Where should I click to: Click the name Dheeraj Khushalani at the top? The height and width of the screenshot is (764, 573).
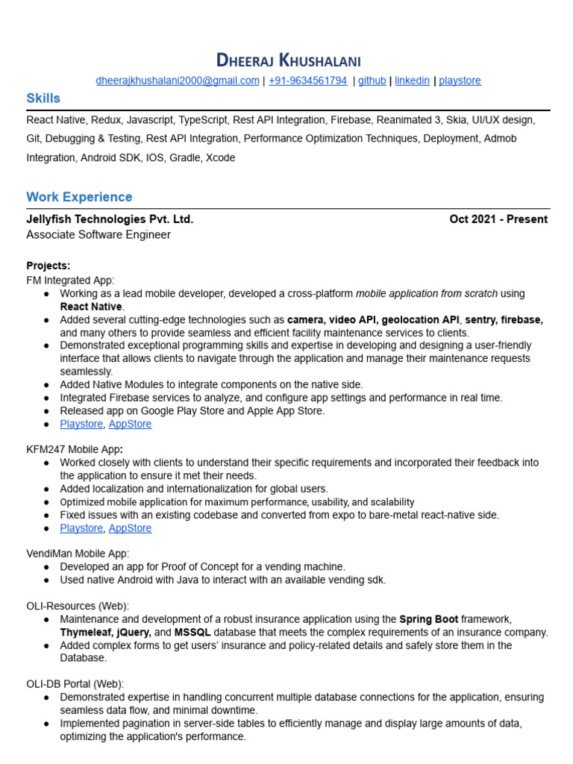(x=287, y=60)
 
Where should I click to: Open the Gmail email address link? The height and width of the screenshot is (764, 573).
(x=178, y=81)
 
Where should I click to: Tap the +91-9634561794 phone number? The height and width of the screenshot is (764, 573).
(x=307, y=81)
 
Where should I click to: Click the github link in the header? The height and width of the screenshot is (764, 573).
(x=372, y=81)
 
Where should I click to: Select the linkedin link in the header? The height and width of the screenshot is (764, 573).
(x=412, y=81)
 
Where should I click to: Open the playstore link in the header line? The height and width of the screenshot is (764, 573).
(x=460, y=81)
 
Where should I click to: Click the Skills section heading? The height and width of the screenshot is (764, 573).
(x=43, y=98)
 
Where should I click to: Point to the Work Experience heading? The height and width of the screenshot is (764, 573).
(x=79, y=197)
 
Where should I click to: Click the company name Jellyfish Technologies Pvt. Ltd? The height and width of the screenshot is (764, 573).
(x=110, y=219)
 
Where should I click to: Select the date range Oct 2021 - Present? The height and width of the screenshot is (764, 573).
(x=498, y=219)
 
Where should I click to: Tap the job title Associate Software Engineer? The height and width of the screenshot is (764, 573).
(x=98, y=235)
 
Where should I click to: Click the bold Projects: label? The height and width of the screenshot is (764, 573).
(x=48, y=266)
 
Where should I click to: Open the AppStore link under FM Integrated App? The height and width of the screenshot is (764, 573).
(x=130, y=424)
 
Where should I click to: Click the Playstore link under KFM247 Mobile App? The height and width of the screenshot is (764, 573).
(x=81, y=528)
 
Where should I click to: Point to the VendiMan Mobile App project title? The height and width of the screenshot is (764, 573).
(x=78, y=554)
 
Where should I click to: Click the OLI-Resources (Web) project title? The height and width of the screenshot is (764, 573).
(x=78, y=606)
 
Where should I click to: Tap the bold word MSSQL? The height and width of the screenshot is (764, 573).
(x=193, y=633)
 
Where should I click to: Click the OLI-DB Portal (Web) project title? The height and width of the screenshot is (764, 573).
(x=75, y=683)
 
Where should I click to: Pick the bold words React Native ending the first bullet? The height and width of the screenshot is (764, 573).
(x=92, y=307)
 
